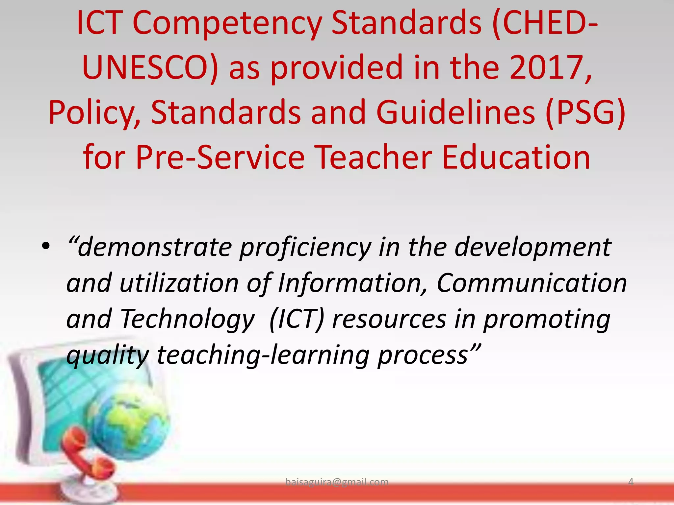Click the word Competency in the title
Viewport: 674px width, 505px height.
pyautogui.click(x=227, y=24)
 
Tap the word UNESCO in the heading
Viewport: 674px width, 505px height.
pyautogui.click(x=150, y=68)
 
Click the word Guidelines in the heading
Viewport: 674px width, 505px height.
pyautogui.click(x=455, y=112)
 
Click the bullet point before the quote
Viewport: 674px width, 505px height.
pyautogui.click(x=46, y=247)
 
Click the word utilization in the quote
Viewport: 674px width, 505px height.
pyautogui.click(x=179, y=283)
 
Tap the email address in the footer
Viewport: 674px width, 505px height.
pyautogui.click(x=337, y=482)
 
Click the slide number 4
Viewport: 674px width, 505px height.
pyautogui.click(x=631, y=482)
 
